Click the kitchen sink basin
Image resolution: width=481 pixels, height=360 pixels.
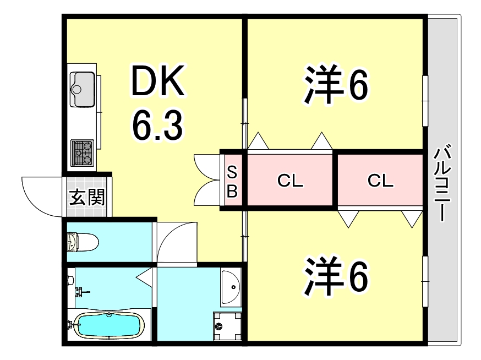click(83, 88)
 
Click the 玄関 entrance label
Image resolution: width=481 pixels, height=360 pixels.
click(86, 197)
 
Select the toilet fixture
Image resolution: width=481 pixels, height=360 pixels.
click(83, 241)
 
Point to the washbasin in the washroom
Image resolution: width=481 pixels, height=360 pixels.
click(231, 287)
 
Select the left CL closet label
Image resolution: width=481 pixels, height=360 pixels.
click(290, 181)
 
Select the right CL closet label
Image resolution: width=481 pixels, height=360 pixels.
click(380, 181)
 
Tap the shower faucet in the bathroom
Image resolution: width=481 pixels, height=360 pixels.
click(81, 291)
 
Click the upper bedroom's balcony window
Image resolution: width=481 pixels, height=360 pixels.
click(425, 99)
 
